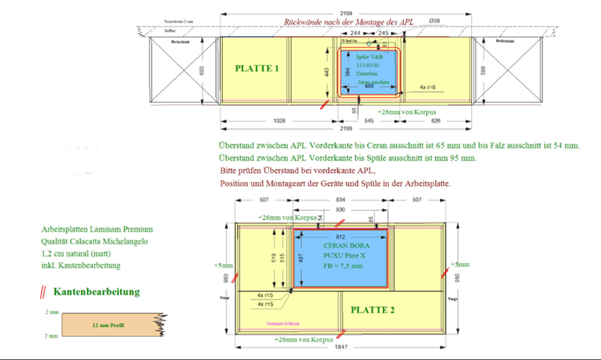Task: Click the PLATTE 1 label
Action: click(257, 69)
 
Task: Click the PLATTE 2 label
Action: click(373, 310)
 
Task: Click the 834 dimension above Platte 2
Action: click(341, 200)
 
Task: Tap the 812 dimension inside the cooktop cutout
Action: click(341, 237)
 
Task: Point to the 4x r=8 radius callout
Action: click(428, 86)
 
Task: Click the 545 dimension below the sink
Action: click(369, 121)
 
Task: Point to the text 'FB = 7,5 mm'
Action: click(343, 265)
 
